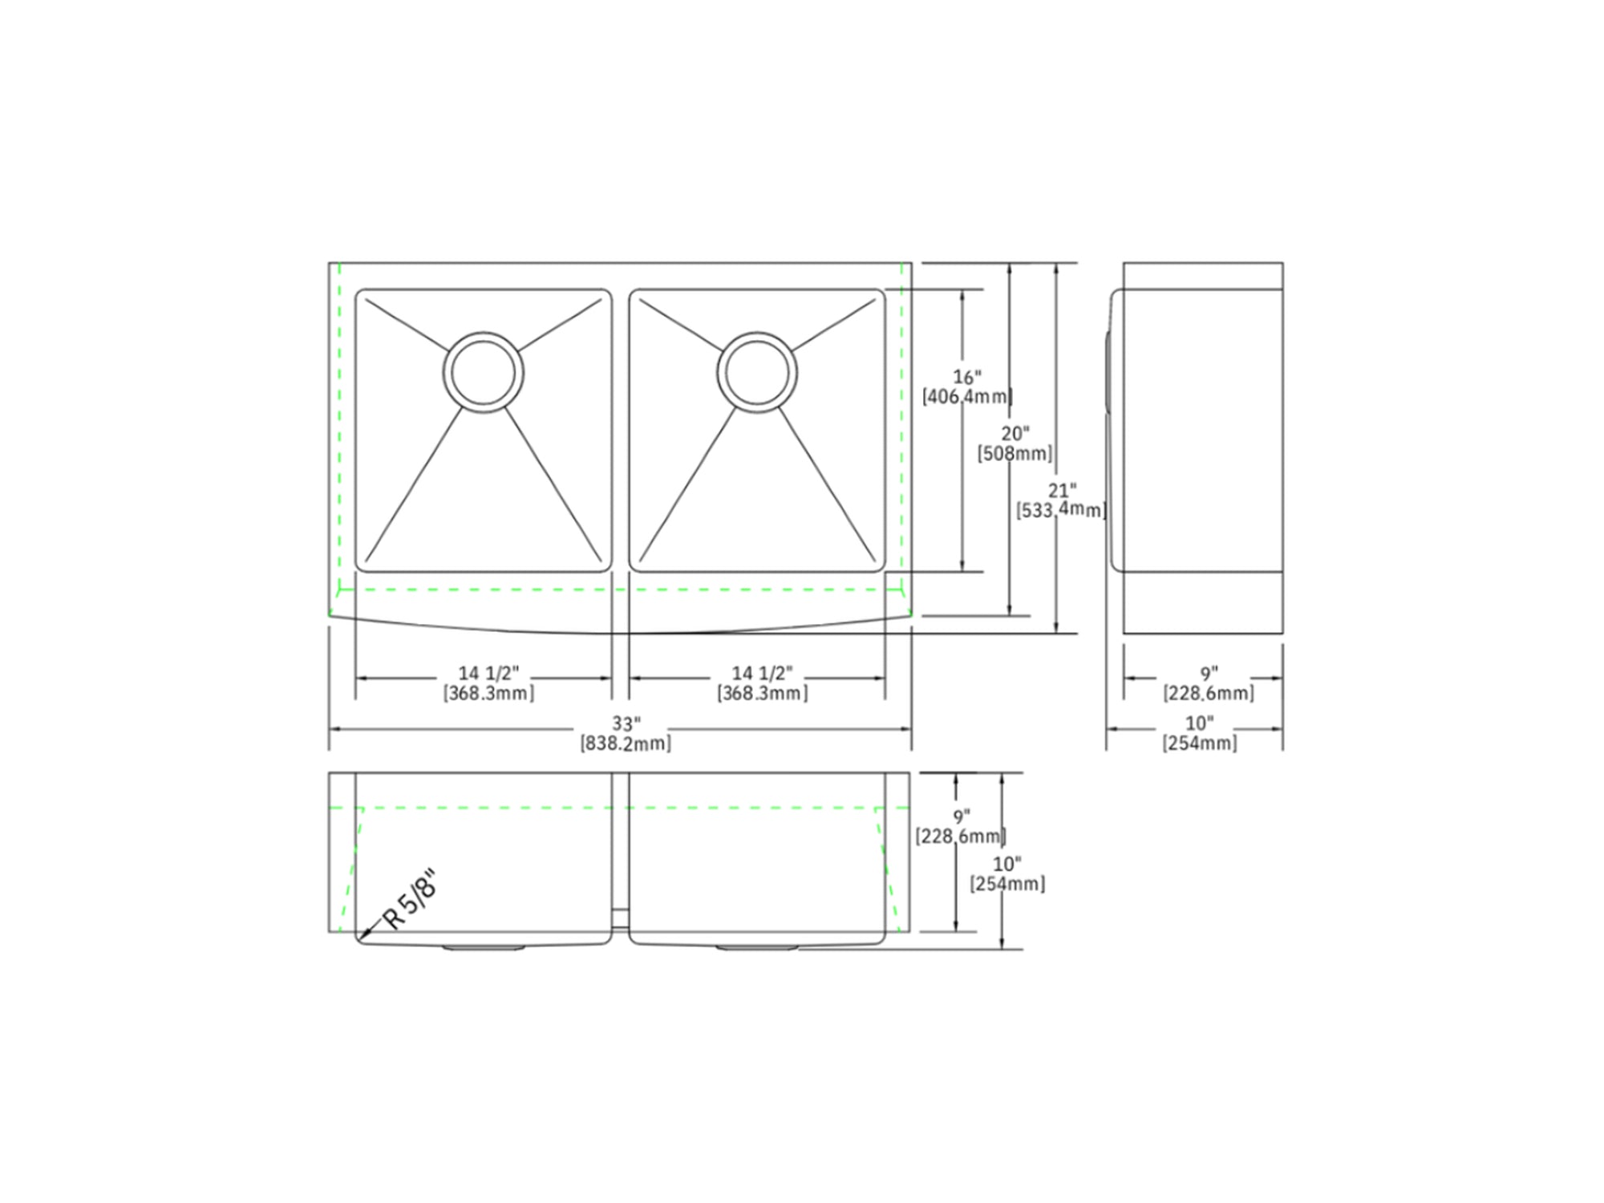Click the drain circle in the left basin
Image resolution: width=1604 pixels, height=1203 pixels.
[484, 332]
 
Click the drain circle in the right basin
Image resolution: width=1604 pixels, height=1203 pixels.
[757, 332]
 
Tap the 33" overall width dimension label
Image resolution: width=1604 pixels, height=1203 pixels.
[626, 723]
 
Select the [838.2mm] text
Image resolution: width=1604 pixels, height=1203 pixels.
[626, 743]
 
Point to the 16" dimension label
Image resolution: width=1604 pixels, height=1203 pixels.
[967, 377]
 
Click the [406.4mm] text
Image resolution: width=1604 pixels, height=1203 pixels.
[967, 396]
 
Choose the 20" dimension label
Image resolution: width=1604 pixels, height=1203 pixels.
[1015, 434]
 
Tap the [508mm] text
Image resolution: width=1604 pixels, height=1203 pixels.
[1015, 454]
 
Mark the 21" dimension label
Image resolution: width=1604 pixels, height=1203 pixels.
[1063, 491]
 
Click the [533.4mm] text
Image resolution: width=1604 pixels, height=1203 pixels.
[1062, 510]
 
